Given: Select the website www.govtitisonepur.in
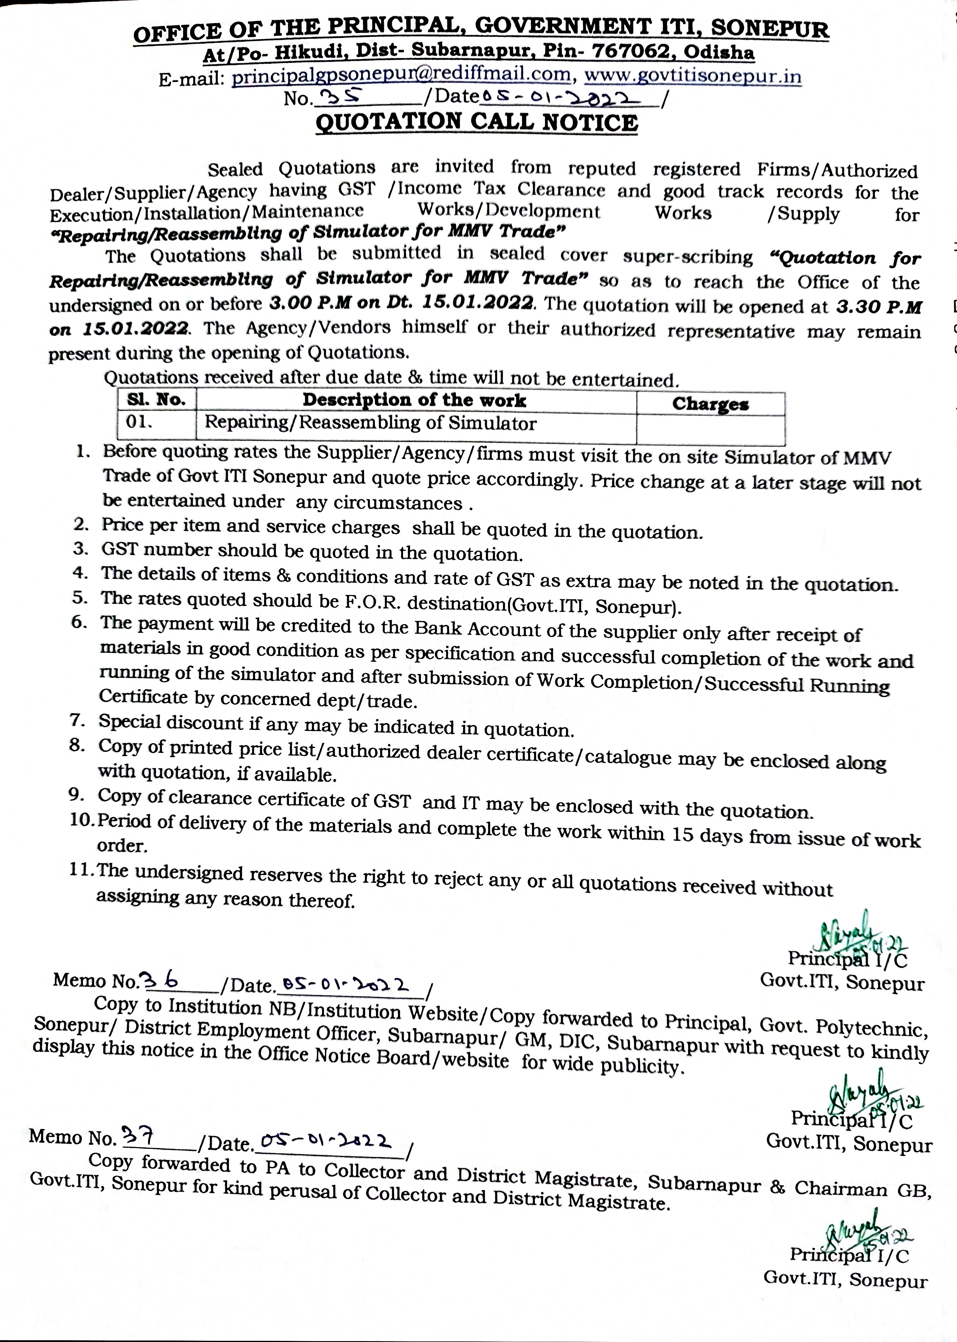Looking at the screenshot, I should pos(692,77).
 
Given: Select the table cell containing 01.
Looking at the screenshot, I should pos(139,423).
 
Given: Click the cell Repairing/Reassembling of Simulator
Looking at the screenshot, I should pos(370,423).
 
